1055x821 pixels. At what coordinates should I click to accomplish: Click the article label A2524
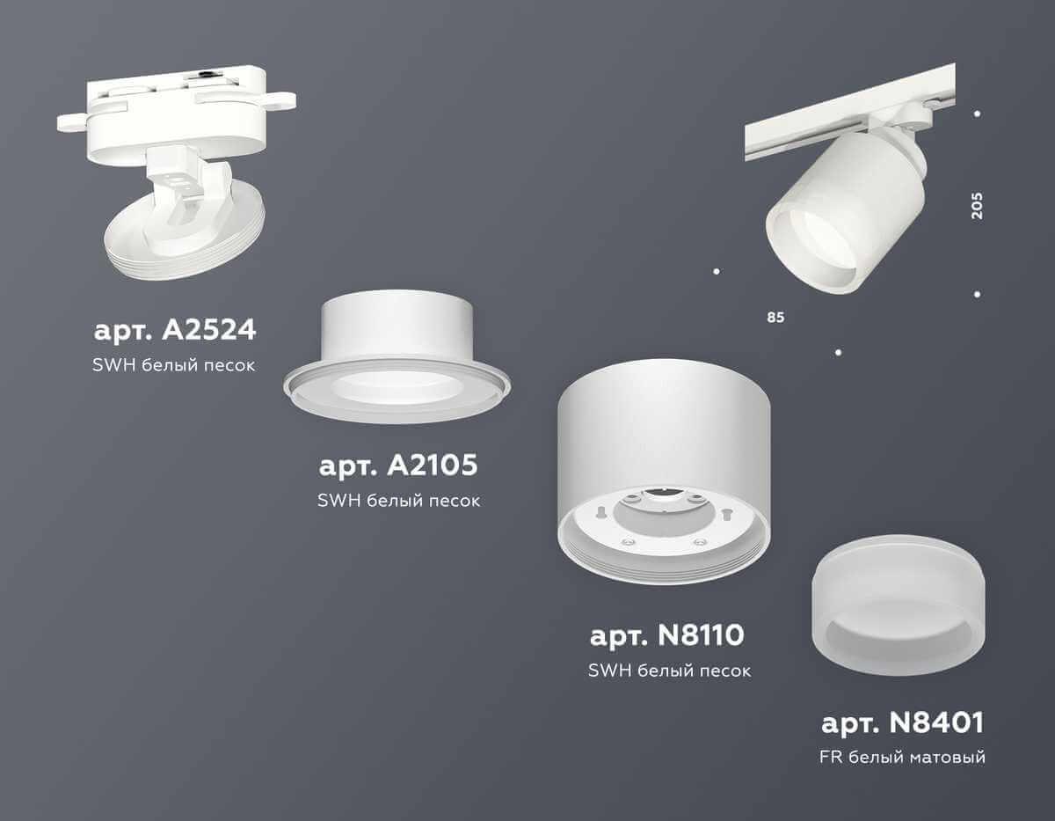pos(174,331)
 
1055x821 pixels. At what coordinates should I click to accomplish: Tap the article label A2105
pos(397,466)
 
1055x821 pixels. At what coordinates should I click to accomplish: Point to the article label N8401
pos(903,723)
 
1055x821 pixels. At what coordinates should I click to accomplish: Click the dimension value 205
pos(978,205)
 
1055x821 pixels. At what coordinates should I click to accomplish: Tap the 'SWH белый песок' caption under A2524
pos(174,364)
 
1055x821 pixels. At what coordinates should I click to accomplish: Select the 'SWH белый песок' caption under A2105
pos(397,501)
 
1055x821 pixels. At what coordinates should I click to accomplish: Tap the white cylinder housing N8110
pos(666,440)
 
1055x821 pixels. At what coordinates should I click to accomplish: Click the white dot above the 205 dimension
pos(978,114)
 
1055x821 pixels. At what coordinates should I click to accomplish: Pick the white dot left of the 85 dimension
pos(717,271)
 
